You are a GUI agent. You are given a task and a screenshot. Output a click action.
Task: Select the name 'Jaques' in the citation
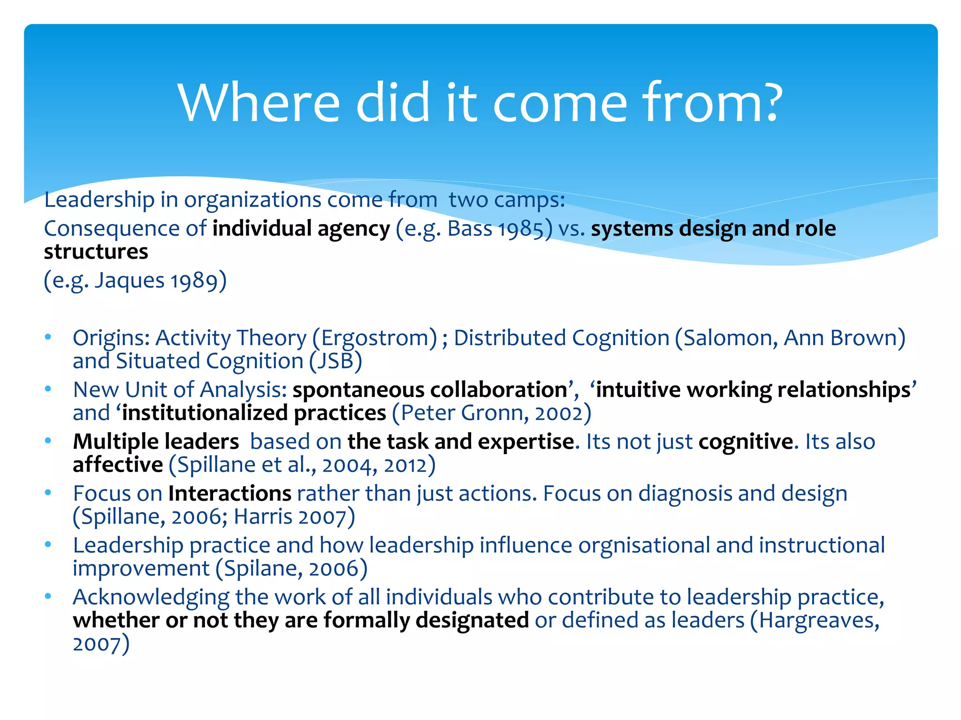(x=130, y=281)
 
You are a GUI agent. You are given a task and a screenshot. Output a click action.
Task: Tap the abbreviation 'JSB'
(x=336, y=361)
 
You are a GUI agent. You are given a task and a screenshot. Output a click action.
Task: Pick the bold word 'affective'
(x=118, y=465)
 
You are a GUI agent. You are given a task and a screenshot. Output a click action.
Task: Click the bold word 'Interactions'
(x=230, y=494)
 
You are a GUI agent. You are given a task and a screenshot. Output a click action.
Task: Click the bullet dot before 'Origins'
(x=48, y=337)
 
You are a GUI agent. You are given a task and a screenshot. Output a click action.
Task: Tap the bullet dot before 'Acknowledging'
(x=48, y=596)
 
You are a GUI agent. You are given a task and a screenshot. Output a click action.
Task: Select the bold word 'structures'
(x=96, y=252)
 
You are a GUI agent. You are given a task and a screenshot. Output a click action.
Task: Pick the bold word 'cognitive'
(x=746, y=442)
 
